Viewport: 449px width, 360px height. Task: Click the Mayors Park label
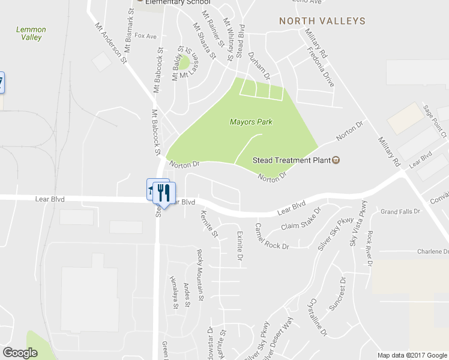coord(251,122)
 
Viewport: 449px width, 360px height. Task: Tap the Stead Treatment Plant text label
coord(291,160)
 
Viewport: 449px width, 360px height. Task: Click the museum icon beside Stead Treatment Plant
coord(336,160)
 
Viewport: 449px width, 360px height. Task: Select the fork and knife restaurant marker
coord(163,193)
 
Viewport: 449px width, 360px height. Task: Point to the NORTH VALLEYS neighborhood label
coord(322,21)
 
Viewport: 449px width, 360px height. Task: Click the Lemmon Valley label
coord(31,33)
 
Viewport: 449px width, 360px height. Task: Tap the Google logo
coord(20,353)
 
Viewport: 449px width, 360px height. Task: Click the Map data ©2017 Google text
coord(412,355)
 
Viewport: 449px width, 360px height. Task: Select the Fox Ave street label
coord(145,36)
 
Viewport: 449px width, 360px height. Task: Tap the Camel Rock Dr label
coord(271,236)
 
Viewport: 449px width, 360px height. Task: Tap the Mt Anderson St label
coord(111,43)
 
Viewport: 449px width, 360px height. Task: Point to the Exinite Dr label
coord(238,246)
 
